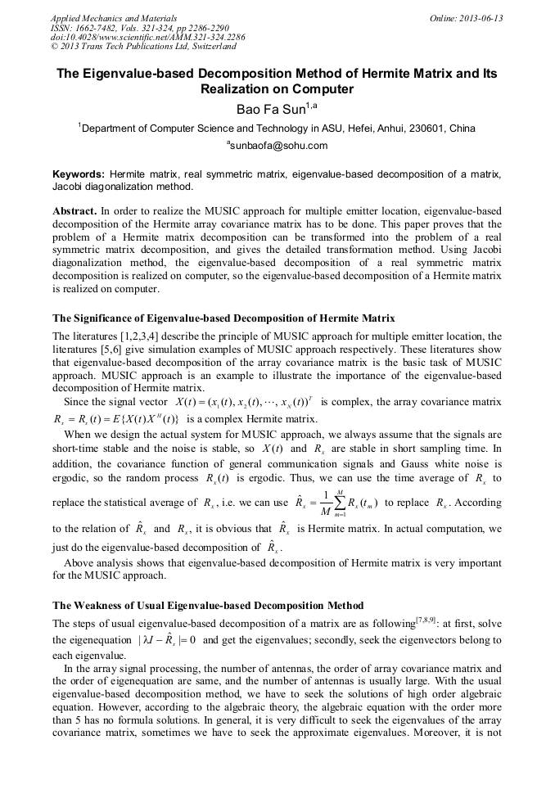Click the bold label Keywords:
pos(79,174)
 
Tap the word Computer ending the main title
pos(317,89)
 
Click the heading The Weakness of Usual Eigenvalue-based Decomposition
pos(208,606)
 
